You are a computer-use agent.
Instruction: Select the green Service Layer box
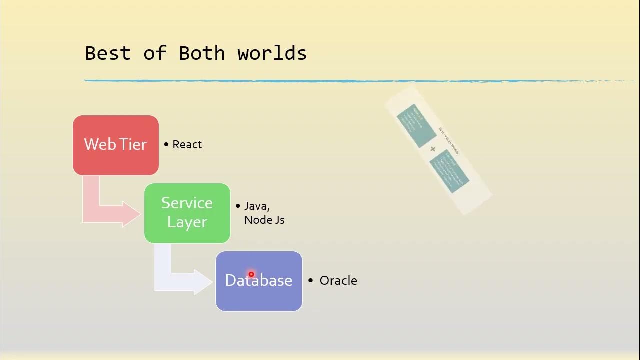tap(187, 235)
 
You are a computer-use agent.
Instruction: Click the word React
tap(187, 144)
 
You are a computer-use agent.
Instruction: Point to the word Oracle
tap(338, 280)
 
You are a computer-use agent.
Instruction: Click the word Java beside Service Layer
tap(256, 206)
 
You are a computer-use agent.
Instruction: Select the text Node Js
tap(264, 220)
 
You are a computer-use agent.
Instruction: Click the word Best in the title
tap(108, 53)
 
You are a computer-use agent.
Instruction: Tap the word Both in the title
tap(202, 53)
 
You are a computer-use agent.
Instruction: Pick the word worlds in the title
tap(272, 53)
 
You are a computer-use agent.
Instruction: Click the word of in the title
tap(155, 53)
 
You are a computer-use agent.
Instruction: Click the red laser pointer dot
tap(251, 274)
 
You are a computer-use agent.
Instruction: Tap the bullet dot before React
tap(166, 144)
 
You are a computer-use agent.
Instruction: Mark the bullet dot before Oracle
tap(310, 280)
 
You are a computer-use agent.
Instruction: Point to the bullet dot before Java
tap(238, 206)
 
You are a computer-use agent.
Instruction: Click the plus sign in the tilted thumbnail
tap(433, 149)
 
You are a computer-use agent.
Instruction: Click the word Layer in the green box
tap(187, 222)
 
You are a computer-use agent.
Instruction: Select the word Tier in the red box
tap(133, 144)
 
